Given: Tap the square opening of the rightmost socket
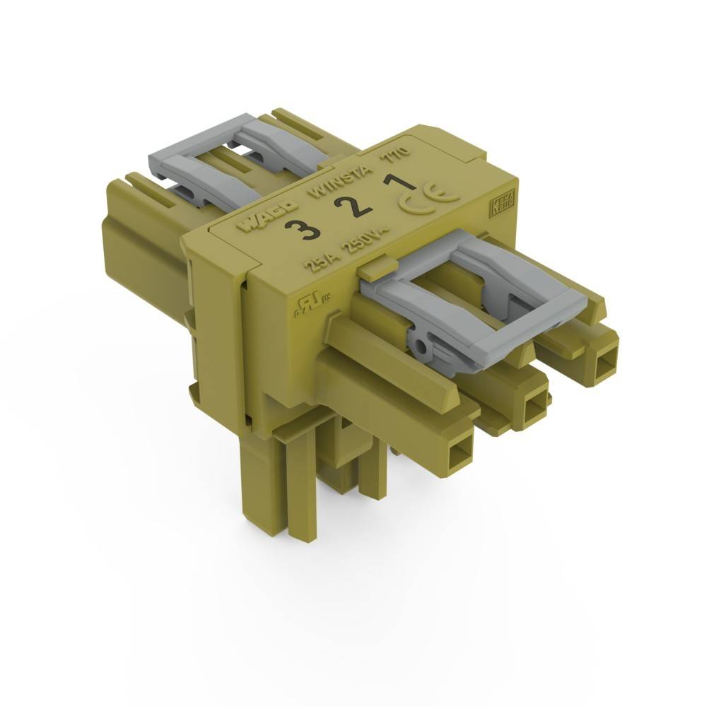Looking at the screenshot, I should [606, 365].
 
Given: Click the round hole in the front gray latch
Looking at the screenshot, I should [422, 347].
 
